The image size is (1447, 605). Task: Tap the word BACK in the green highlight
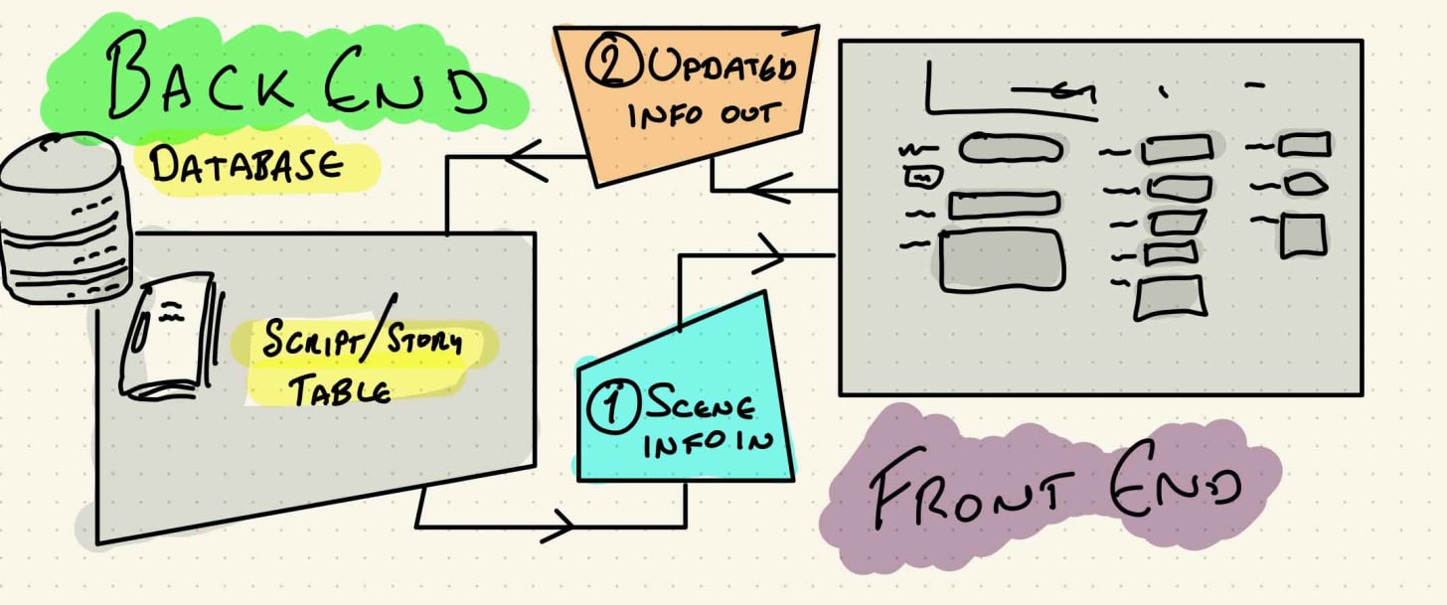(199, 78)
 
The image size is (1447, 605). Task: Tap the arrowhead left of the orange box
(527, 157)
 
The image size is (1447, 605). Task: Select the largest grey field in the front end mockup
(1002, 260)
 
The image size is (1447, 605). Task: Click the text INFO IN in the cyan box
(707, 443)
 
